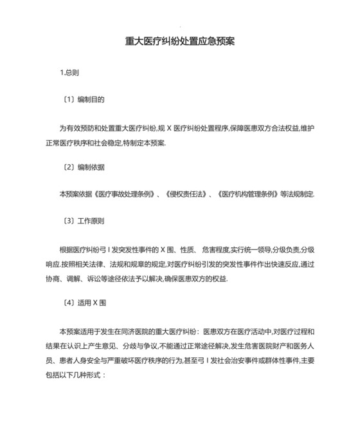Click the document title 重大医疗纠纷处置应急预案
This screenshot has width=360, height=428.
(179, 41)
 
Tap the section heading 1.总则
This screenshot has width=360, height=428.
(69, 72)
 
